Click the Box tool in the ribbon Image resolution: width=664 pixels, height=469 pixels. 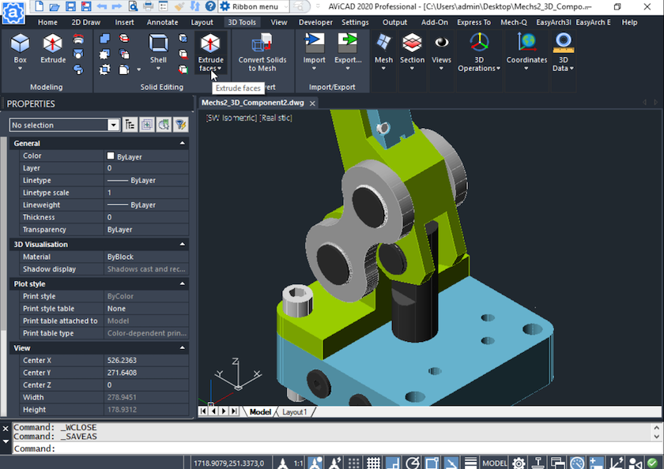tap(21, 49)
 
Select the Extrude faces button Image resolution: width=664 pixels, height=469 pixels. tap(210, 52)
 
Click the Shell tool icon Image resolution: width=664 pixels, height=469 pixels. tap(158, 49)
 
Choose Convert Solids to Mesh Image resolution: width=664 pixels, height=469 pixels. tap(262, 52)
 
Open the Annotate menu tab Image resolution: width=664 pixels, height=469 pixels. tap(162, 22)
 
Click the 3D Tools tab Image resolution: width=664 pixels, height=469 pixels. tap(242, 22)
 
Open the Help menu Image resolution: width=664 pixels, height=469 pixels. tap(629, 22)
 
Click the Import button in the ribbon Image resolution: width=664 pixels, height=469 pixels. tap(314, 49)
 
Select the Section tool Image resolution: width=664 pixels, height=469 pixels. tap(412, 49)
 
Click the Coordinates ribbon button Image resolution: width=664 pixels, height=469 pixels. tap(526, 49)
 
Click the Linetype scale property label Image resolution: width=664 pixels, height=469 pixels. tap(46, 193)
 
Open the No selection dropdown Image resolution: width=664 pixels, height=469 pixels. tap(113, 125)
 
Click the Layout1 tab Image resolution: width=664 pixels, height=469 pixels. tap(295, 411)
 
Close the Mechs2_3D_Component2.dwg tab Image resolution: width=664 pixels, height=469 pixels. tap(312, 103)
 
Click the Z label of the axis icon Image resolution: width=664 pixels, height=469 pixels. tap(236, 362)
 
